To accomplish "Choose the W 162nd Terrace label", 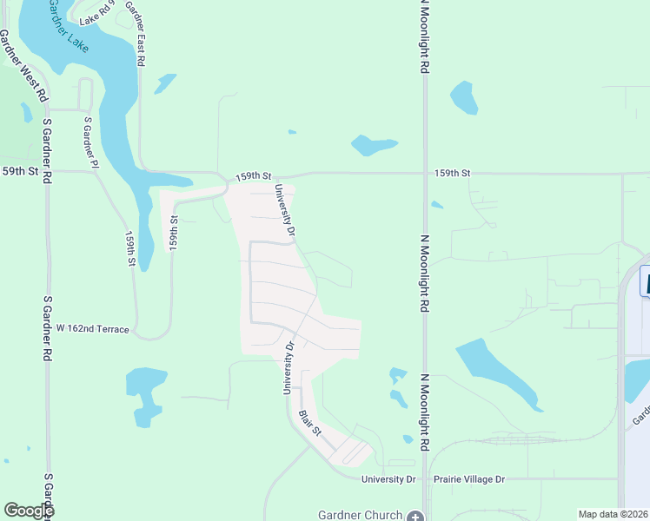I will point(93,329).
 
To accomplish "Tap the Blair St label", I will point(310,424).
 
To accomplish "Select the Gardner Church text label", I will point(361,515).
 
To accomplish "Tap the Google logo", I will point(29,511).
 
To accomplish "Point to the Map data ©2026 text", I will point(613,514).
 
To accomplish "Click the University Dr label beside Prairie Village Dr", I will point(389,479).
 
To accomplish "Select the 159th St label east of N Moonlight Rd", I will point(452,174).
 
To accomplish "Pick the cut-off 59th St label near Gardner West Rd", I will point(19,172).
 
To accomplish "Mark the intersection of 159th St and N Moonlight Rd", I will point(424,174).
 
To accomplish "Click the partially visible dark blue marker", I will point(645,281).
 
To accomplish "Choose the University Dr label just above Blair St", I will point(288,367).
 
